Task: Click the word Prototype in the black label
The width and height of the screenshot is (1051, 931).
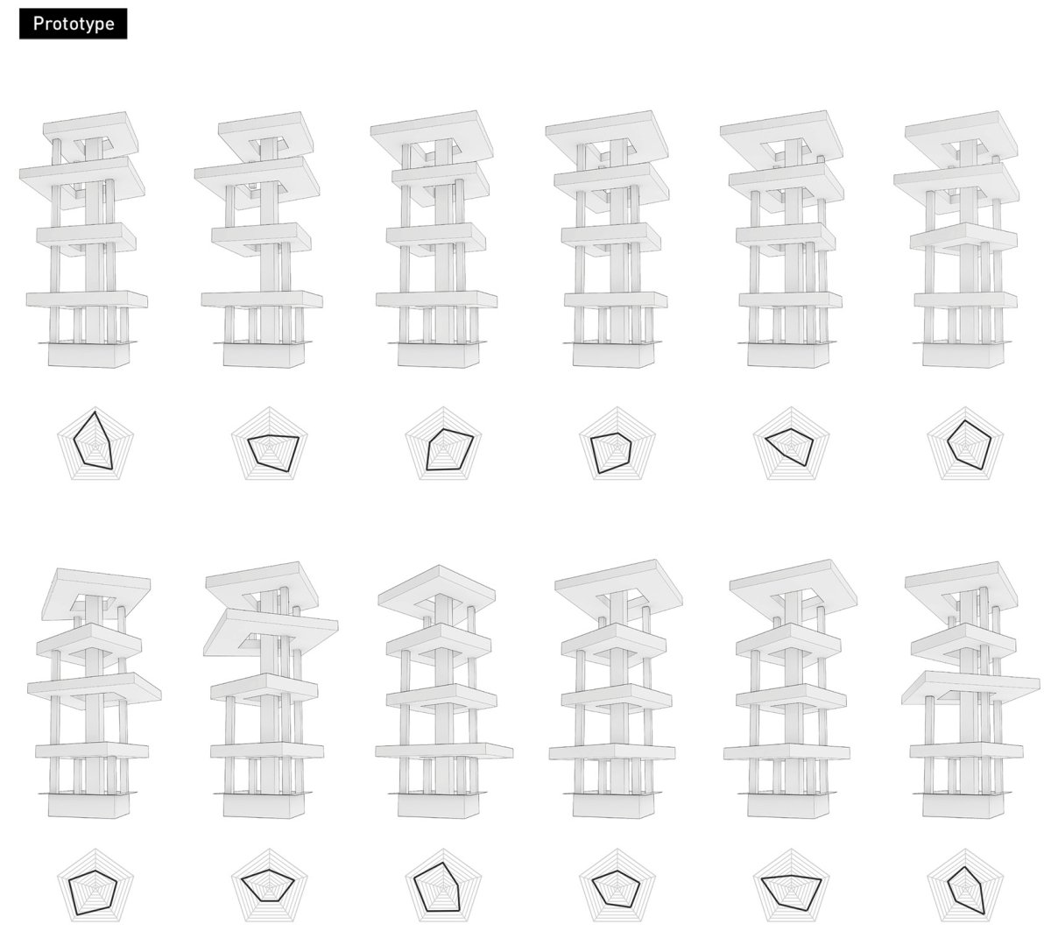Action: (x=74, y=24)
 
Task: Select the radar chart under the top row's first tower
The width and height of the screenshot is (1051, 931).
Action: (x=95, y=443)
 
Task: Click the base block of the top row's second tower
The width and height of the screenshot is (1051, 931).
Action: (x=263, y=356)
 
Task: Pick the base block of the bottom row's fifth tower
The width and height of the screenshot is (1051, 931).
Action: (x=787, y=806)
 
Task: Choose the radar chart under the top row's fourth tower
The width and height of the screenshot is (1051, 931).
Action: (x=617, y=443)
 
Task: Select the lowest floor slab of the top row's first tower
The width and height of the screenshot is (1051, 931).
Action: (x=87, y=300)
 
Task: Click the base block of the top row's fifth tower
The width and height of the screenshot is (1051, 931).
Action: (x=787, y=356)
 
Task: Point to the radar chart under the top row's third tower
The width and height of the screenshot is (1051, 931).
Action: (x=443, y=443)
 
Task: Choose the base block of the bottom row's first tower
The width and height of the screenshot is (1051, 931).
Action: (x=88, y=806)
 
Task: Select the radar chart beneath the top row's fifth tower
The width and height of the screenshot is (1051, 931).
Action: (x=791, y=443)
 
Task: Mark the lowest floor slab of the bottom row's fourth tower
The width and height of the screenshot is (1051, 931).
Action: (x=612, y=751)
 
